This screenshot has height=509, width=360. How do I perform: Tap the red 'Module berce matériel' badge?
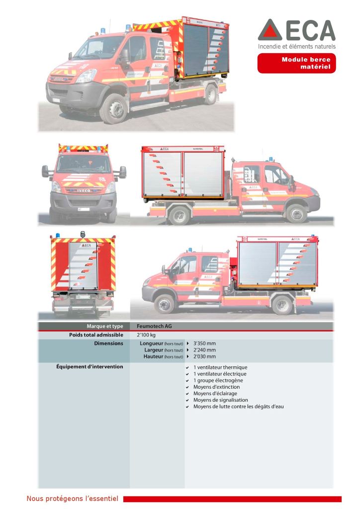tap(296, 63)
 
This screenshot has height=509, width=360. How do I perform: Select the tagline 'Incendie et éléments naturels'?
tap(296, 46)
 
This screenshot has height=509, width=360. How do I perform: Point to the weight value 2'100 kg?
tap(146, 335)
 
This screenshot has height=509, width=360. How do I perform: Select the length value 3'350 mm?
tap(204, 343)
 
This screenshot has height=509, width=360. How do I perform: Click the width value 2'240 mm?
tap(204, 350)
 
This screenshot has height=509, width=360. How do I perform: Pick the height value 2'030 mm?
tap(204, 356)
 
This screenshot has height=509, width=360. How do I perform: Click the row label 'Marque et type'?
tap(105, 327)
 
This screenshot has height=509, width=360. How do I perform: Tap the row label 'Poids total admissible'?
tap(96, 335)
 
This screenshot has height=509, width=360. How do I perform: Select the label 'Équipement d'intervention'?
tap(90, 367)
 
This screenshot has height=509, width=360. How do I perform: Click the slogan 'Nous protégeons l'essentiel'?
tap(72, 499)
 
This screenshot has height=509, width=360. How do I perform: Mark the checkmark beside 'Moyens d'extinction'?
tap(187, 387)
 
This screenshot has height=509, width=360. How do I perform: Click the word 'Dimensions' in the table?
tap(108, 343)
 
